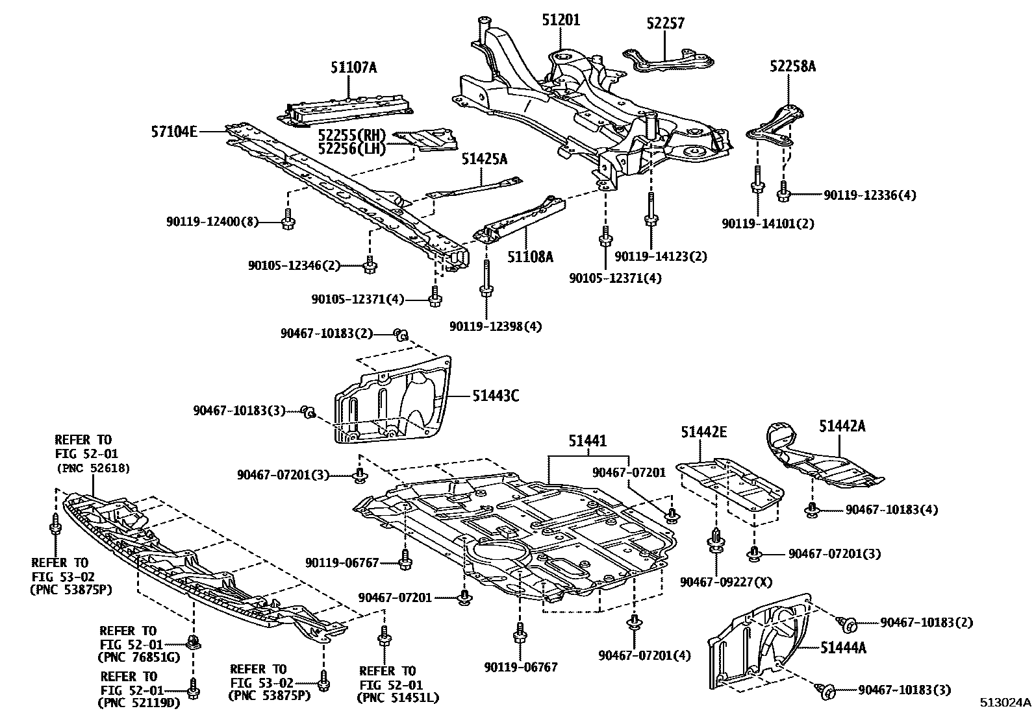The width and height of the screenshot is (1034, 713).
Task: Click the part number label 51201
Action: tap(561, 20)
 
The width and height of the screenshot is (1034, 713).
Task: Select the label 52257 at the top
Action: tap(666, 23)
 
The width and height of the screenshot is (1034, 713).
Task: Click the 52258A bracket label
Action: tap(792, 66)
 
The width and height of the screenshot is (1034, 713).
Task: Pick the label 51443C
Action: tap(495, 395)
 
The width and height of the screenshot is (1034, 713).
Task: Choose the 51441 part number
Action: tap(588, 441)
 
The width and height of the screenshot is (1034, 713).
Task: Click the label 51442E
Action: tap(703, 431)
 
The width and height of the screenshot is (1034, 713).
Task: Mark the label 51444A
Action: tap(843, 647)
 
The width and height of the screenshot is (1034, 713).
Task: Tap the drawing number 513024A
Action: tap(1005, 703)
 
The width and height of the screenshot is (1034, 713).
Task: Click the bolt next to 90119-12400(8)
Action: tap(288, 221)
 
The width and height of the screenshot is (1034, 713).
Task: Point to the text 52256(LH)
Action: tap(351, 149)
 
